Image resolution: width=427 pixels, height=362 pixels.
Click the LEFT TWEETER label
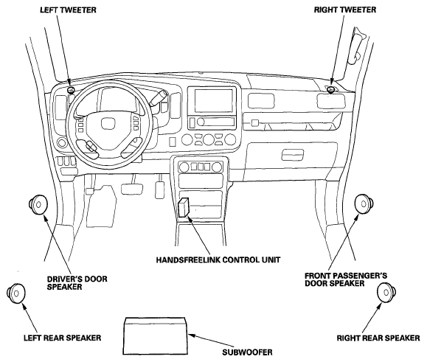(x=68, y=10)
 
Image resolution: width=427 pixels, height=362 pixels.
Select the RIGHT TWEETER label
(x=345, y=10)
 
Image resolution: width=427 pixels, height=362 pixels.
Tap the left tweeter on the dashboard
(x=71, y=90)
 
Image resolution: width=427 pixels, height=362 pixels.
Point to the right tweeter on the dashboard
(x=331, y=89)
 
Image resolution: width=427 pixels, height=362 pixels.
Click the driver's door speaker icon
(x=38, y=204)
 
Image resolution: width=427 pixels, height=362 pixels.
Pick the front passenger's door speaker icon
(x=364, y=204)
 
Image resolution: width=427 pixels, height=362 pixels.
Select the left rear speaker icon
(x=15, y=293)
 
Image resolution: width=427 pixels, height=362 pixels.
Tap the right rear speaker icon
(x=386, y=293)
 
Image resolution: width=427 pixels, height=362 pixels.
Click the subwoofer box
(x=156, y=336)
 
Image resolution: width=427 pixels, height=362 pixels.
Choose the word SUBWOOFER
(x=247, y=352)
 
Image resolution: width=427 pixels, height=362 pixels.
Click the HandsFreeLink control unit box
(x=184, y=207)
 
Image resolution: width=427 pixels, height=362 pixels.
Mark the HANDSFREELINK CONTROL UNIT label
(x=218, y=260)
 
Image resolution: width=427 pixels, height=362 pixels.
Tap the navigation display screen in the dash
(x=214, y=100)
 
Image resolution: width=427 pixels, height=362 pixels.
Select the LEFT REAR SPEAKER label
(x=63, y=338)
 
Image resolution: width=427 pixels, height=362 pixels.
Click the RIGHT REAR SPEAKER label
(x=378, y=338)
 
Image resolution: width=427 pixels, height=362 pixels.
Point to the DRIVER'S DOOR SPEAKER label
(x=77, y=283)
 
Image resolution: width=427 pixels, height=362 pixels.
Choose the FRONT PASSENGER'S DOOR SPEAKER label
(x=346, y=279)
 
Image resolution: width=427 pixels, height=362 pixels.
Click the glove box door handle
(x=293, y=155)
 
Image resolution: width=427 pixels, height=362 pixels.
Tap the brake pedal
(x=132, y=189)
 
